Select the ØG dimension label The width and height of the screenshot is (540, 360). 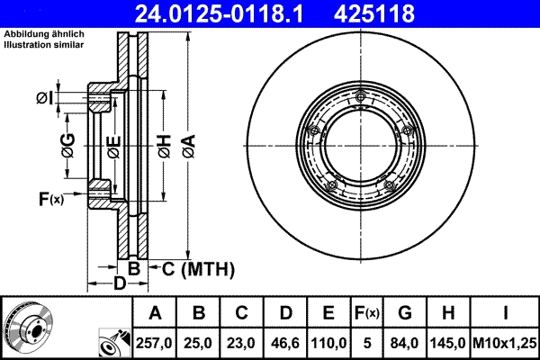tap(67, 144)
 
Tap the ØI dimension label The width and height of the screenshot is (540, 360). tap(46, 97)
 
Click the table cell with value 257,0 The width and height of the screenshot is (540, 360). tap(155, 342)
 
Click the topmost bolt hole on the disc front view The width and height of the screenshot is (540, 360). tap(360, 98)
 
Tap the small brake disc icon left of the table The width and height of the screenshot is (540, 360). tap(28, 326)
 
